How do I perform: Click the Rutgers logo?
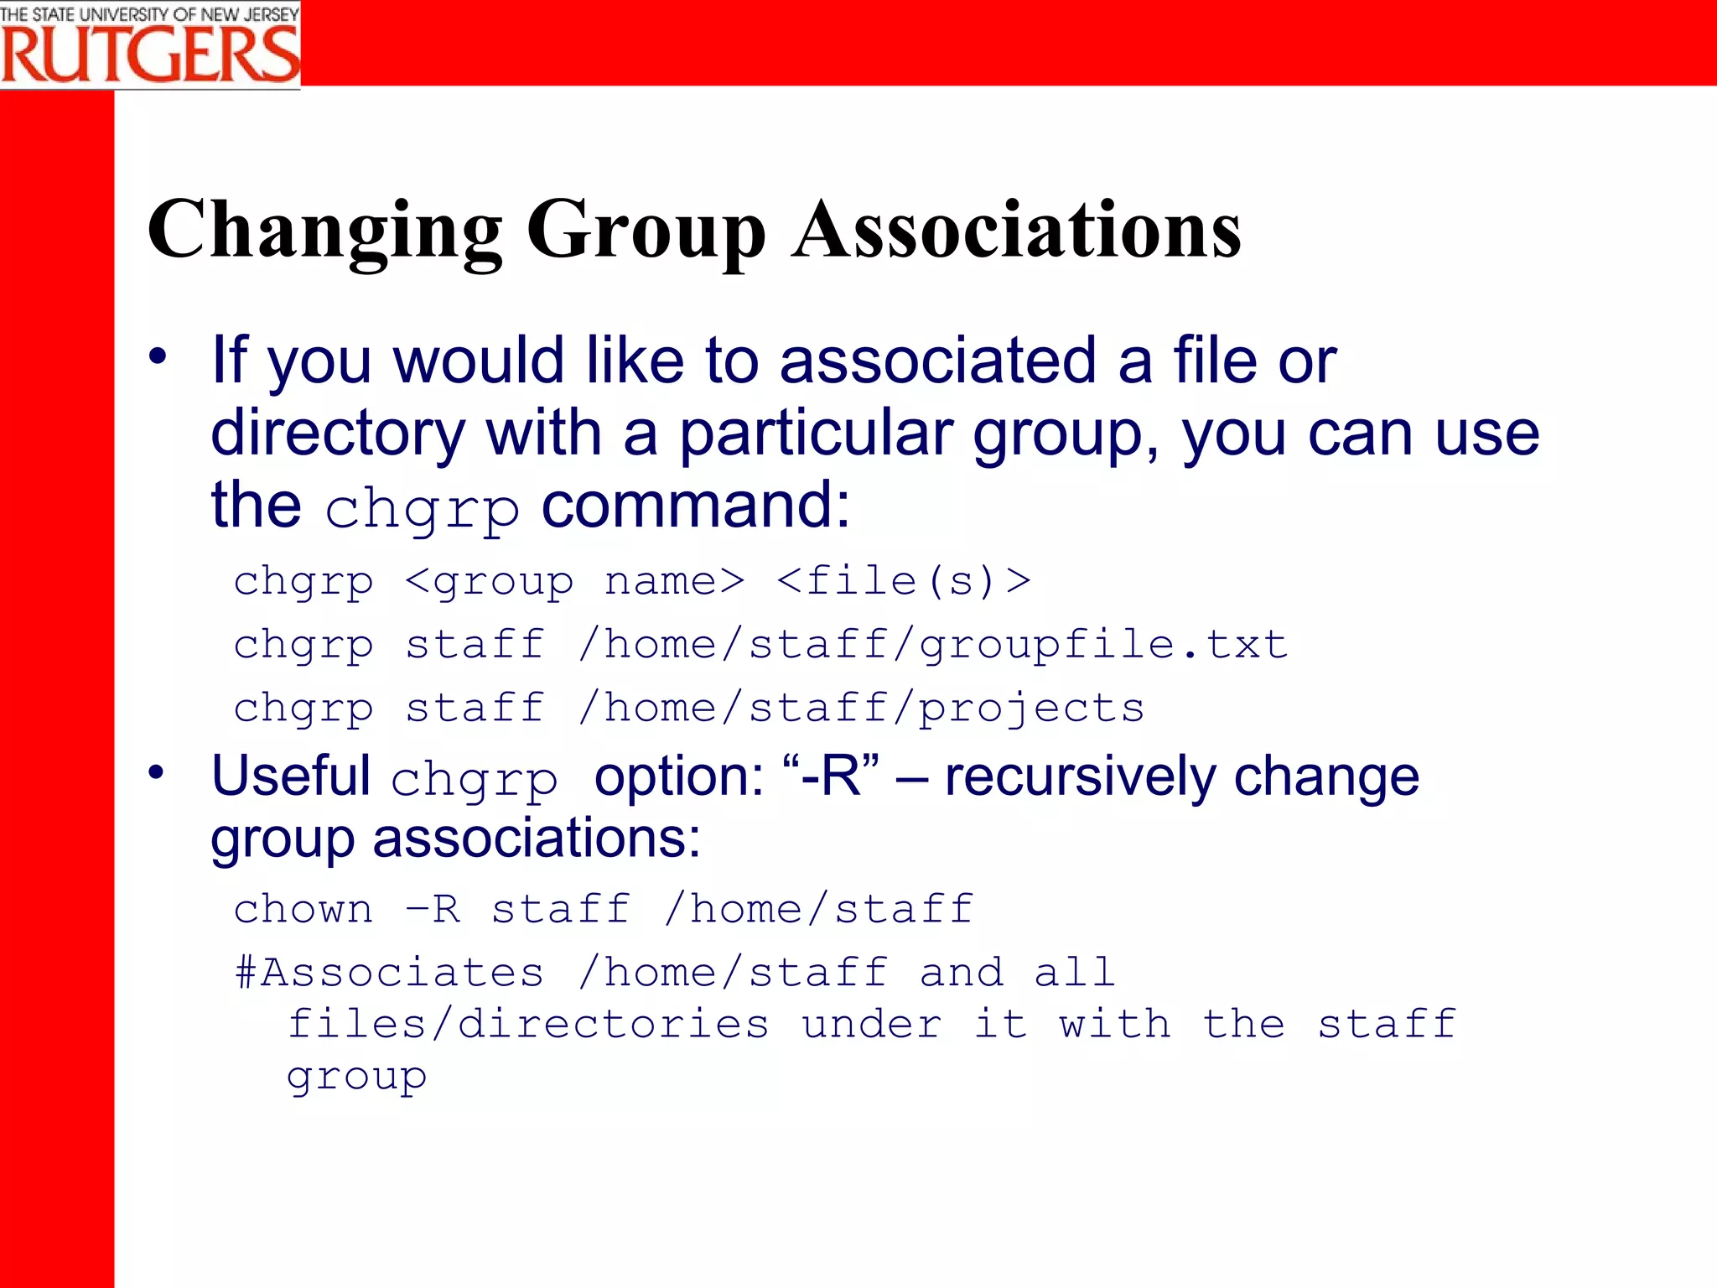pos(150,44)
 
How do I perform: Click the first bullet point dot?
pos(158,356)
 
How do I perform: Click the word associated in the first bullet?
pos(937,361)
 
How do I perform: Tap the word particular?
pos(815,434)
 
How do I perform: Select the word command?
pos(696,506)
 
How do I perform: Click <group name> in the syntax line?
pos(574,580)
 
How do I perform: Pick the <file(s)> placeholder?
pos(904,580)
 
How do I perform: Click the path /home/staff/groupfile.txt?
pos(932,645)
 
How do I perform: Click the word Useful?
pos(291,776)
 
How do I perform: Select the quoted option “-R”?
pos(831,776)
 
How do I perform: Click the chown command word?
pos(303,909)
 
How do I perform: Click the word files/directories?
pos(528,1025)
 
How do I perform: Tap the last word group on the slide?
pos(356,1077)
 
